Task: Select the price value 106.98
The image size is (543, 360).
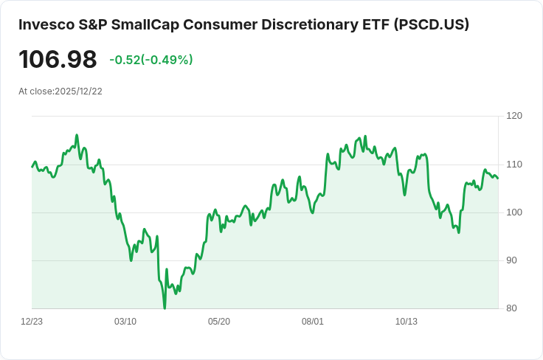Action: click(58, 60)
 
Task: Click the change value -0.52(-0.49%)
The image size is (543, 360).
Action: click(151, 60)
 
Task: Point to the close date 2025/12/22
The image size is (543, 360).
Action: click(77, 91)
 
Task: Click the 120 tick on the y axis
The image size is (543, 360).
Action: click(514, 116)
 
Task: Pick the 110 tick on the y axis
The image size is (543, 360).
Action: click(514, 164)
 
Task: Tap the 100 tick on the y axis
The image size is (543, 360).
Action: click(514, 212)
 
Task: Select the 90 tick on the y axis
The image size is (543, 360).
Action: click(514, 260)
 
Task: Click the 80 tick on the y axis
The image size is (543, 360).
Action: click(514, 308)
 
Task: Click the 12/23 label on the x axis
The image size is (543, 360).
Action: click(32, 322)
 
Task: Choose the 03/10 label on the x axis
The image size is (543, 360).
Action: click(125, 322)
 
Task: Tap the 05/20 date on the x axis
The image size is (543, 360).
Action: click(219, 322)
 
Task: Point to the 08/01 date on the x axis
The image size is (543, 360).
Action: click(313, 322)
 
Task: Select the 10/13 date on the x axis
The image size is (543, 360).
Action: click(407, 322)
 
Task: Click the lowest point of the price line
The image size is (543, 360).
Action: click(164, 308)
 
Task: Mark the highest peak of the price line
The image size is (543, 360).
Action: click(77, 135)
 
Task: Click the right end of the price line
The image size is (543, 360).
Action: click(498, 178)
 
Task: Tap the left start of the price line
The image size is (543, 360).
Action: click(32, 167)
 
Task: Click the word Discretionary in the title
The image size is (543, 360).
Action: click(313, 25)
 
